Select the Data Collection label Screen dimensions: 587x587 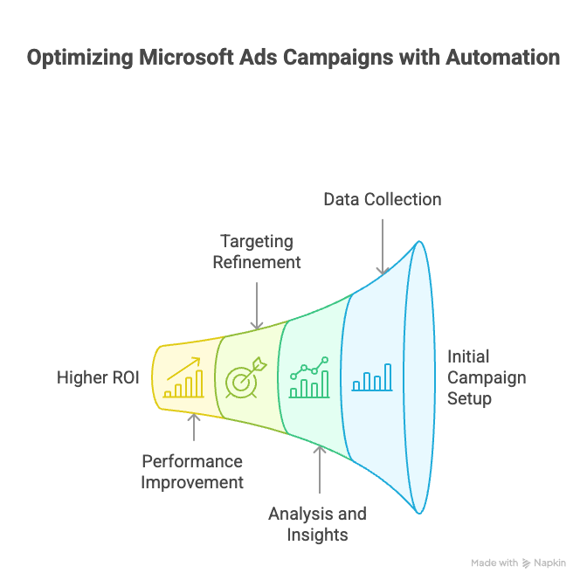(382, 199)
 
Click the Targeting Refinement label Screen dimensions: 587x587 (257, 252)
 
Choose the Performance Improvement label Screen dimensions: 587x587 (192, 472)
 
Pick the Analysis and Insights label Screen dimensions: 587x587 (316, 523)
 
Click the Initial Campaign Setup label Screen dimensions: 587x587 (486, 377)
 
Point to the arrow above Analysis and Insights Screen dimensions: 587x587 (321, 472)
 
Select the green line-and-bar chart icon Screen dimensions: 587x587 (309, 377)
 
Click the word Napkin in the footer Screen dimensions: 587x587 (550, 563)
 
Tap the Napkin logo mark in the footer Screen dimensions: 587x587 (527, 563)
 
